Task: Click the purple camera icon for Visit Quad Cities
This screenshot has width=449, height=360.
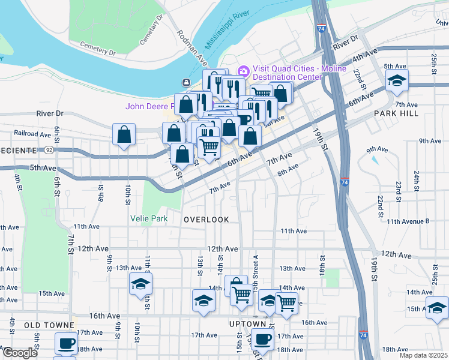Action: point(243,71)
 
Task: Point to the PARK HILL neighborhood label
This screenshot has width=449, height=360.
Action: point(394,113)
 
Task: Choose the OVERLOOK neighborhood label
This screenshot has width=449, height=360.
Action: point(206,220)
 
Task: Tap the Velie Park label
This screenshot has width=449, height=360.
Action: point(149,219)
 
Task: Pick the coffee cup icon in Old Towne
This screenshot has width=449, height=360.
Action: point(66,343)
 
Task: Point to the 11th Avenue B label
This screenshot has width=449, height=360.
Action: point(408,221)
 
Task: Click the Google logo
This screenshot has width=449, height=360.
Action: point(20,353)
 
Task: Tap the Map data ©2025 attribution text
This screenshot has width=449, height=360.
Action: point(424,355)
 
